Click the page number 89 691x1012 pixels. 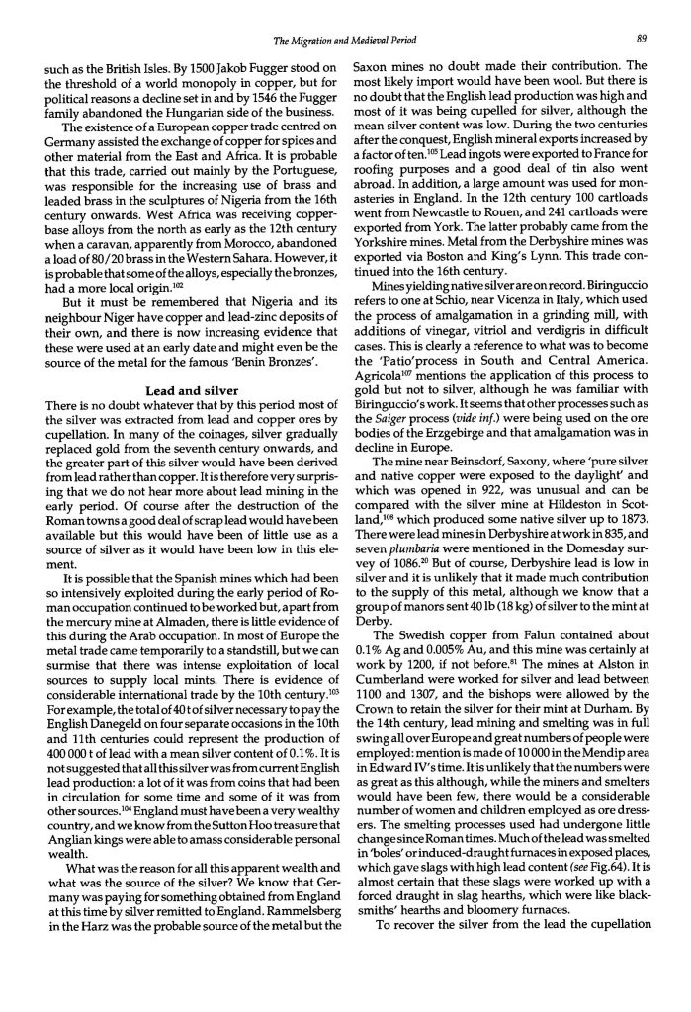click(642, 41)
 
